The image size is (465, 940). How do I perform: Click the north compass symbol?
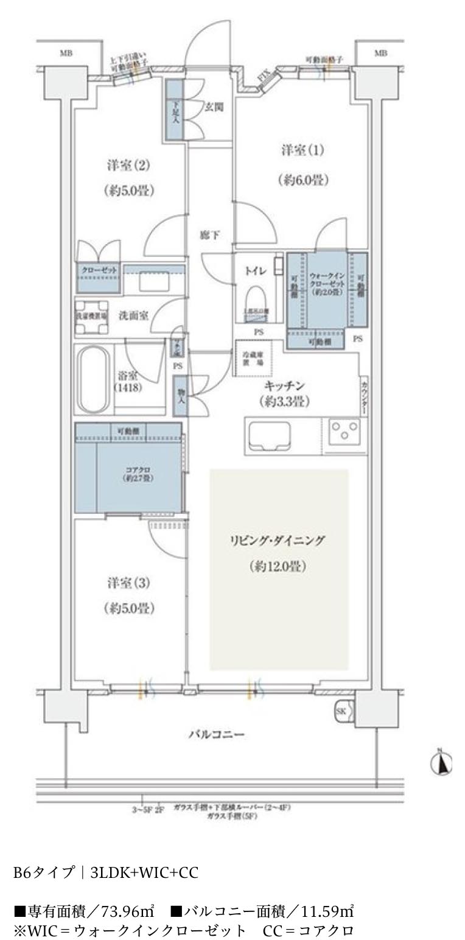point(442,762)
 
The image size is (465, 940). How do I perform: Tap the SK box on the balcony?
point(341,710)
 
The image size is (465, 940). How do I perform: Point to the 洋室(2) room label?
point(128,165)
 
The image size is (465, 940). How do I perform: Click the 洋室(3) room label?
point(128,583)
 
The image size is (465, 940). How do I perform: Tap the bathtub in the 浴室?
point(93,379)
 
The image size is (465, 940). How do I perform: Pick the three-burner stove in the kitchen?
point(344,434)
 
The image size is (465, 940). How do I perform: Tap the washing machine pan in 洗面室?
point(92,317)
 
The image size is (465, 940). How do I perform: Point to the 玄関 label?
point(214,108)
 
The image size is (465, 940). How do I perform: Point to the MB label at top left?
point(66,54)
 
